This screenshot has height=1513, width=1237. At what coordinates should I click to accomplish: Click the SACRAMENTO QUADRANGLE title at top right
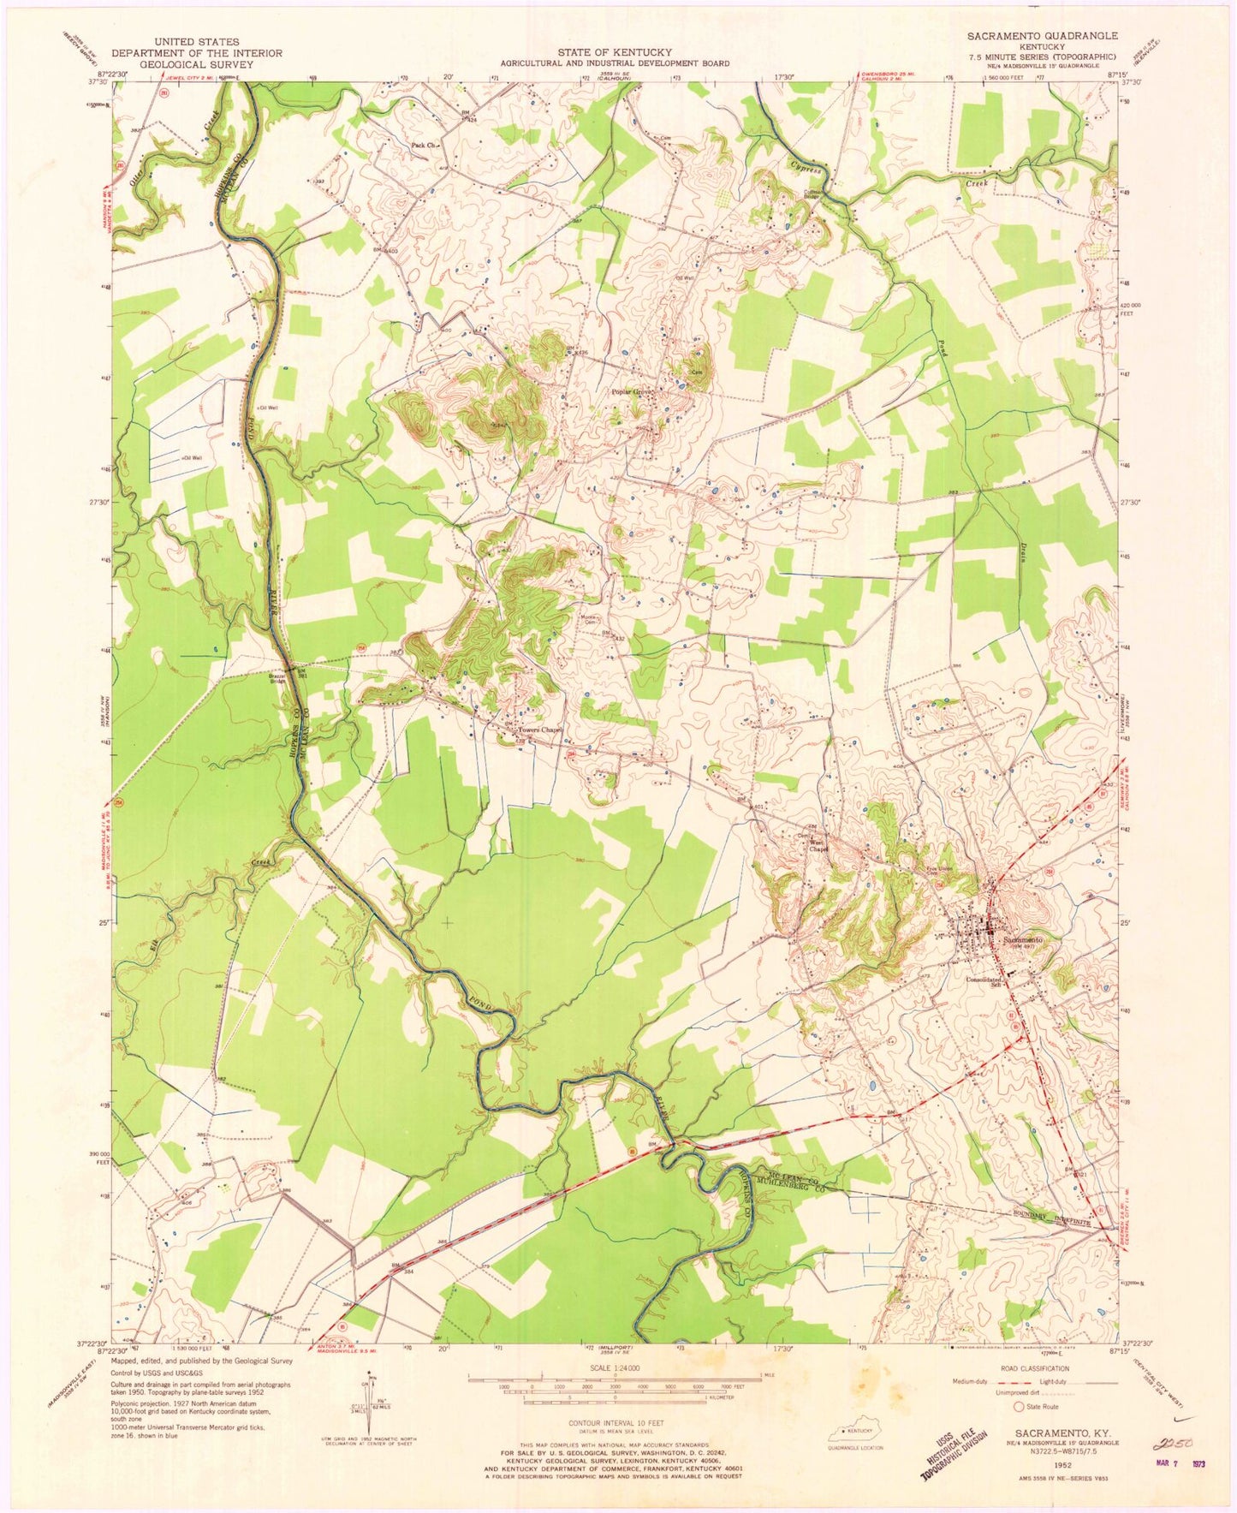[x=1041, y=35]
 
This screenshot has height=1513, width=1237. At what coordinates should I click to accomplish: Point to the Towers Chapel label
[x=538, y=730]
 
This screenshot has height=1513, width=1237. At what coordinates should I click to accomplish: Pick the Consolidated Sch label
[x=984, y=981]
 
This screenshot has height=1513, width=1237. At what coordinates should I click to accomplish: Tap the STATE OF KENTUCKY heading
[x=615, y=52]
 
